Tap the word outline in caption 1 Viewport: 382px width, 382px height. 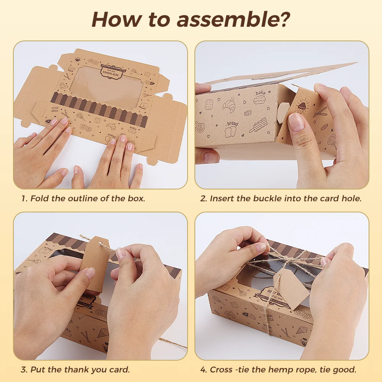[x=83, y=198]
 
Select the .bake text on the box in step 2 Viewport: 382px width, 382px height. [x=260, y=93]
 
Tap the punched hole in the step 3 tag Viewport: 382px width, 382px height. [x=99, y=243]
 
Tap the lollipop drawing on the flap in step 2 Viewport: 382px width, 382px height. [x=332, y=141]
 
